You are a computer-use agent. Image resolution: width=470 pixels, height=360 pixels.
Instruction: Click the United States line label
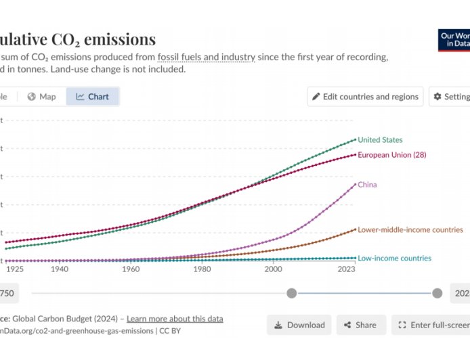pyautogui.click(x=380, y=140)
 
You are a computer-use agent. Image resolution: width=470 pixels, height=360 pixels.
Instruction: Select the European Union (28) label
pyautogui.click(x=391, y=155)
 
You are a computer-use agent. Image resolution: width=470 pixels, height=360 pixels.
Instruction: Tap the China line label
pyautogui.click(x=367, y=185)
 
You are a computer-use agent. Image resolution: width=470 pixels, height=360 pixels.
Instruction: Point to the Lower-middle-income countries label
pyautogui.click(x=410, y=230)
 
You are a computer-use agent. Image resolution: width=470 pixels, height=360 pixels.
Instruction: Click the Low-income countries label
pyautogui.click(x=394, y=258)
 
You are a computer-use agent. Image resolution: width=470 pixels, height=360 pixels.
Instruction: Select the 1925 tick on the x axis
pyautogui.click(x=14, y=269)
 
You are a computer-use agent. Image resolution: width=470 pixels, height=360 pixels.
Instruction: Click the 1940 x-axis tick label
pyautogui.click(x=59, y=269)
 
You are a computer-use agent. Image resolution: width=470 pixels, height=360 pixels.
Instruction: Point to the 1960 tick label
pyautogui.click(x=131, y=269)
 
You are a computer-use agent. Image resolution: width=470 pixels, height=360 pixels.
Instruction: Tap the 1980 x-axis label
pyautogui.click(x=202, y=269)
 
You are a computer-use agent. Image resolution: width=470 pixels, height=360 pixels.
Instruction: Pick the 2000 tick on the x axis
pyautogui.click(x=273, y=269)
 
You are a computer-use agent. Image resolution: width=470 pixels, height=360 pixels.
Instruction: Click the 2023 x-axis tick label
pyautogui.click(x=347, y=269)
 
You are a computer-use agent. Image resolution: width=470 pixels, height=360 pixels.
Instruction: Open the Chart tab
pyautogui.click(x=93, y=97)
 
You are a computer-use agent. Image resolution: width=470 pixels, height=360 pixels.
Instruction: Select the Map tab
pyautogui.click(x=41, y=97)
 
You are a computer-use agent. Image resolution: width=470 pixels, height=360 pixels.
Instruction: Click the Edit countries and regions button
pyautogui.click(x=365, y=97)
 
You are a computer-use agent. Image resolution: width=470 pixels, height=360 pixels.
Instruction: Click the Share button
pyautogui.click(x=361, y=325)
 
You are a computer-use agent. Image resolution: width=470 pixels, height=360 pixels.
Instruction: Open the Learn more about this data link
pyautogui.click(x=175, y=319)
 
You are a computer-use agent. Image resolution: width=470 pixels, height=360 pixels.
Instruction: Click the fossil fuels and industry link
pyautogui.click(x=207, y=57)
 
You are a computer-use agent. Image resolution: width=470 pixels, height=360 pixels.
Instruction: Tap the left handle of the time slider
pyautogui.click(x=291, y=293)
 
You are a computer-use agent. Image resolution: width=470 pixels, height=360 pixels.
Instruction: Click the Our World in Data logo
pyautogui.click(x=454, y=39)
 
